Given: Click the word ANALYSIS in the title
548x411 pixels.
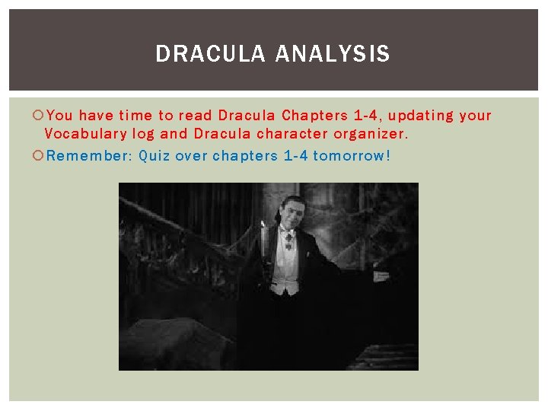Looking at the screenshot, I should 333,54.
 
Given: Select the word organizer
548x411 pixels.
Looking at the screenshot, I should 371,134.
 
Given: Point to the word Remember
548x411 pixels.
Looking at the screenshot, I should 85,156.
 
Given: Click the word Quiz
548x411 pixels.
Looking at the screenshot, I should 155,156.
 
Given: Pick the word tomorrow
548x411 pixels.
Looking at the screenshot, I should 351,156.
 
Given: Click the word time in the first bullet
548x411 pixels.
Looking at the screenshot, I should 136,116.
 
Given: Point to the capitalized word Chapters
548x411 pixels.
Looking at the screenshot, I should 314,116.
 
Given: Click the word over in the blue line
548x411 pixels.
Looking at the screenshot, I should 190,156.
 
